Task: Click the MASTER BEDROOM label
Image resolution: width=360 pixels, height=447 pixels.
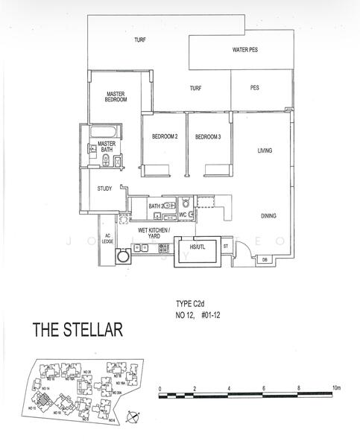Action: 115,97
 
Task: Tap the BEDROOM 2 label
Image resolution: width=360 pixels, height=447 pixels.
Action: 165,137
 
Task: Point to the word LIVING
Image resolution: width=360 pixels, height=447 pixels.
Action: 265,150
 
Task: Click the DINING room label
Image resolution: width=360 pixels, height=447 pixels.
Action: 269,216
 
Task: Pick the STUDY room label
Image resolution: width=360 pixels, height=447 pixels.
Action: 104,188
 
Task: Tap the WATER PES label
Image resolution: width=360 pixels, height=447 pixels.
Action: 245,51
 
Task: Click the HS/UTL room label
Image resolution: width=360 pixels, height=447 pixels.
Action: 198,246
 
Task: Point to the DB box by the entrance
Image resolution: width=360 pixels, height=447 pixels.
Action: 265,259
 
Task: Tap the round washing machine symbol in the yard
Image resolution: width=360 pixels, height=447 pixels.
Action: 123,257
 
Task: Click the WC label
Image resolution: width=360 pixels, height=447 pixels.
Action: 183,215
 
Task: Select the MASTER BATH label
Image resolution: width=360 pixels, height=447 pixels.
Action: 107,146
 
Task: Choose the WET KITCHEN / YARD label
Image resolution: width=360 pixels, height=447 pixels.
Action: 155,233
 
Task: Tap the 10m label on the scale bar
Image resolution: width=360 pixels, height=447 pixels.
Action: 337,388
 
